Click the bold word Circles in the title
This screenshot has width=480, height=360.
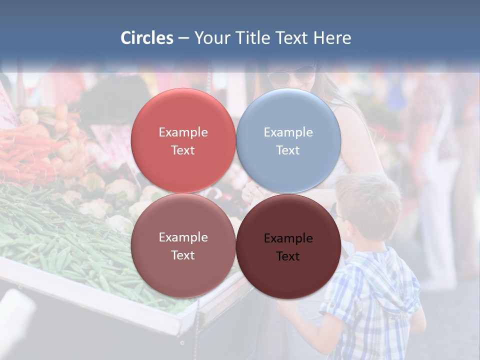point(147,38)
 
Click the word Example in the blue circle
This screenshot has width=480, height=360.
point(288,132)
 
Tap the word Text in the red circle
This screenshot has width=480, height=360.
point(183,150)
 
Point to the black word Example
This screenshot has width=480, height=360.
point(288,238)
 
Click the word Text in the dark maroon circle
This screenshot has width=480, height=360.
point(288,256)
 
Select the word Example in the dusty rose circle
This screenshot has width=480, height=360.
point(183,237)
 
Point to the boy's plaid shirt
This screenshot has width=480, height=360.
point(370,300)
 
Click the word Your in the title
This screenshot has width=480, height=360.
point(212,38)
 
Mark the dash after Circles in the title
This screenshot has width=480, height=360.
point(183,38)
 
